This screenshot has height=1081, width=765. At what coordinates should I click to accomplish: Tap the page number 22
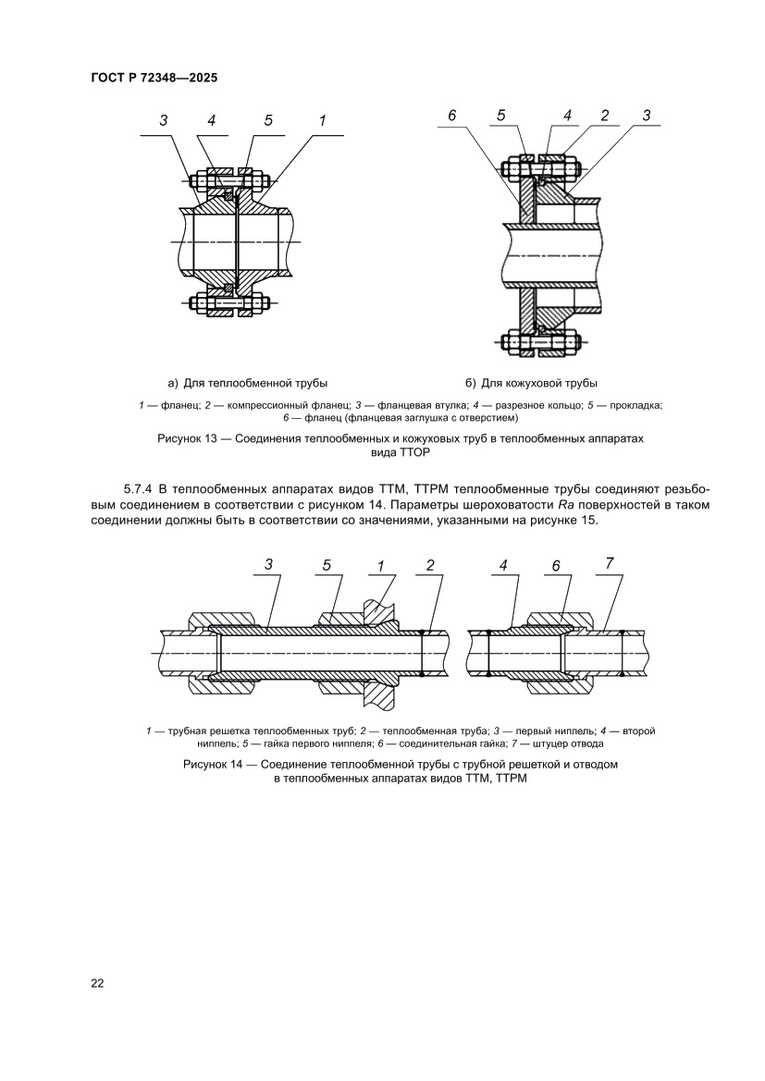(x=97, y=982)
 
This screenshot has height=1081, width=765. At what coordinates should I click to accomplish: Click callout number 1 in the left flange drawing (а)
(x=323, y=120)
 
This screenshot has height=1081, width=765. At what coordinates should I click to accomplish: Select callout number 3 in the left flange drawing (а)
(x=163, y=120)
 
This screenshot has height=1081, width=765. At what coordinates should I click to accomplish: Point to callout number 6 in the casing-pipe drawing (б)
(x=451, y=116)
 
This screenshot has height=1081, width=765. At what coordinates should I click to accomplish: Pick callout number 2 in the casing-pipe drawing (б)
(x=604, y=116)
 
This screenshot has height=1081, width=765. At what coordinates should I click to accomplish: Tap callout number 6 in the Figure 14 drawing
(x=555, y=565)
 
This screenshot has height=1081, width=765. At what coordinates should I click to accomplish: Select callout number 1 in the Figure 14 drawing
(x=380, y=565)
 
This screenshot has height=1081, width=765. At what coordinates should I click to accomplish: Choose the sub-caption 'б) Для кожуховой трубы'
(x=531, y=382)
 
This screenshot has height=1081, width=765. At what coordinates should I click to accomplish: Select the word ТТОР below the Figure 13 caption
(x=413, y=454)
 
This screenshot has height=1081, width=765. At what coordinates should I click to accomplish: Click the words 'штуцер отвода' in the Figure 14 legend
(x=570, y=743)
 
